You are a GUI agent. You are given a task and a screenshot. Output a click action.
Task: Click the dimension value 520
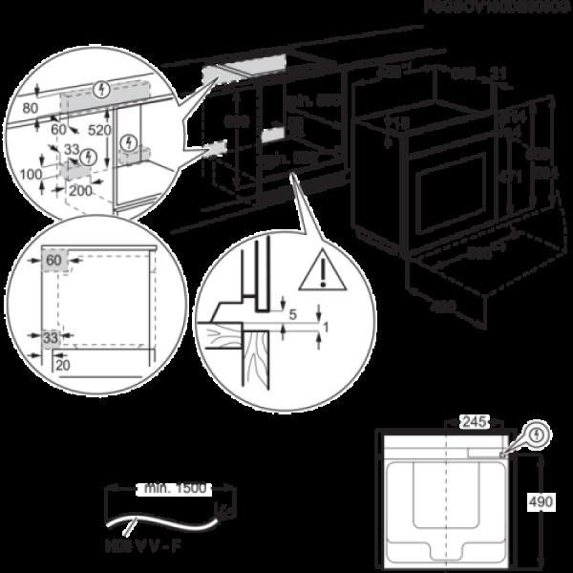(x=98, y=128)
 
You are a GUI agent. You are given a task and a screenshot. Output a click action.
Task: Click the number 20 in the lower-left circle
(x=63, y=364)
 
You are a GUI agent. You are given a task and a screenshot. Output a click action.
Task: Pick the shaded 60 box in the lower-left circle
(x=53, y=260)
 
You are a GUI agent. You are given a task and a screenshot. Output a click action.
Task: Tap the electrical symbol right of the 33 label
(x=88, y=155)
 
